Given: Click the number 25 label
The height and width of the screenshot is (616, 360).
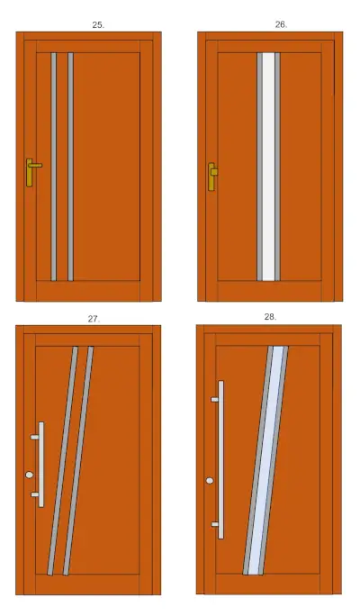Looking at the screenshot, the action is (98, 24).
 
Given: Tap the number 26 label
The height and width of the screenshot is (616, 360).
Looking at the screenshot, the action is (281, 24).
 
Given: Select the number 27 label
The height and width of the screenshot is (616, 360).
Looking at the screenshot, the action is (94, 319).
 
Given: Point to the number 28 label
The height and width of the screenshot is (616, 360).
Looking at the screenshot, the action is (270, 317).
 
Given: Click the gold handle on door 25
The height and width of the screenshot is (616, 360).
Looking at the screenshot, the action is (31, 172).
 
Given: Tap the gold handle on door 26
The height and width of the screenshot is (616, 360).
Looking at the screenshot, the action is (212, 177).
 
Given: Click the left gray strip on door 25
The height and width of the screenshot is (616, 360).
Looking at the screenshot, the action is (54, 167).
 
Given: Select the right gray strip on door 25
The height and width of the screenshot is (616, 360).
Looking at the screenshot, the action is (71, 167).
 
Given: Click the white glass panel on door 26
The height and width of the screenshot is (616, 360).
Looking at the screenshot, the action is (268, 167).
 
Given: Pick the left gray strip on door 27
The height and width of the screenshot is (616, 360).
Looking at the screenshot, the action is (62, 461).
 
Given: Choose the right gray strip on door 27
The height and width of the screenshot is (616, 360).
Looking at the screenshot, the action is (78, 461).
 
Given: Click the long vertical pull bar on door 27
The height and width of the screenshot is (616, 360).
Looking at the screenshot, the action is (41, 465).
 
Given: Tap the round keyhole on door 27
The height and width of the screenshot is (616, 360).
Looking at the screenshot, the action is (30, 475).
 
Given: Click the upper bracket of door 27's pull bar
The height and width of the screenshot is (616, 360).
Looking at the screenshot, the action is (34, 437).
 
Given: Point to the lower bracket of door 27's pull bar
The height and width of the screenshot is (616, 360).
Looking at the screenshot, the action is (34, 494).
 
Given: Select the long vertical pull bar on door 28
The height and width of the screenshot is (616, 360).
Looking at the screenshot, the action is (221, 459).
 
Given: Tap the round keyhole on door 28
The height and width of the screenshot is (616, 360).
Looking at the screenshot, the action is (210, 481).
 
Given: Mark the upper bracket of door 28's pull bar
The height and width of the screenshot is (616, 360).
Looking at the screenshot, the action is (215, 400).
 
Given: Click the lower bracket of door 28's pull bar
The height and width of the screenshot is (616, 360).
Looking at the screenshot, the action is (215, 524).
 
